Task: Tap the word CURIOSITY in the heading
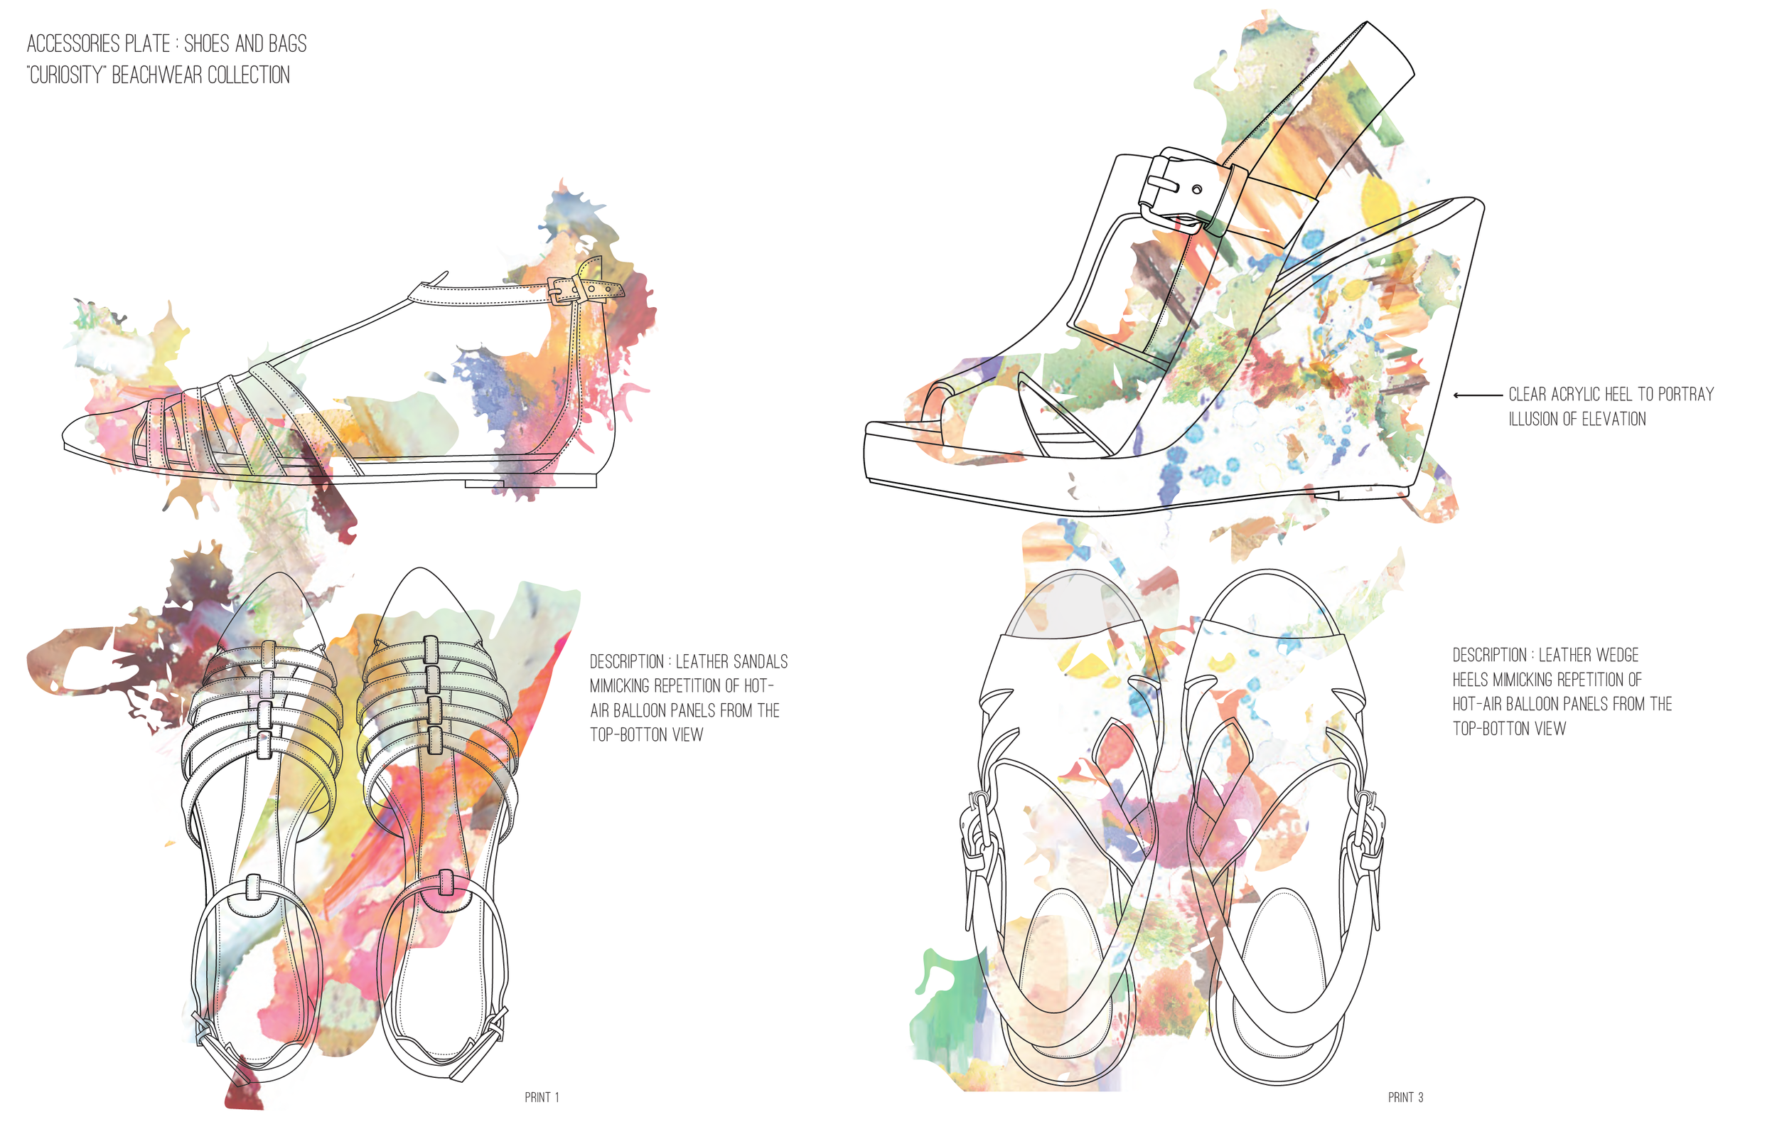(65, 76)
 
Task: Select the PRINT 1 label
(542, 1097)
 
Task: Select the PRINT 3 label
(1405, 1097)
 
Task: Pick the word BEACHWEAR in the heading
(156, 76)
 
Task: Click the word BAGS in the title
(287, 44)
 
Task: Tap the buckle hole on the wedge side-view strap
(1197, 189)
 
